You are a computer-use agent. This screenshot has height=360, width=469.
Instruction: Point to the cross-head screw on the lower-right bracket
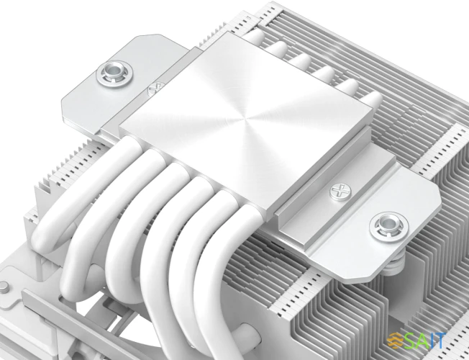click(337, 192)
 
